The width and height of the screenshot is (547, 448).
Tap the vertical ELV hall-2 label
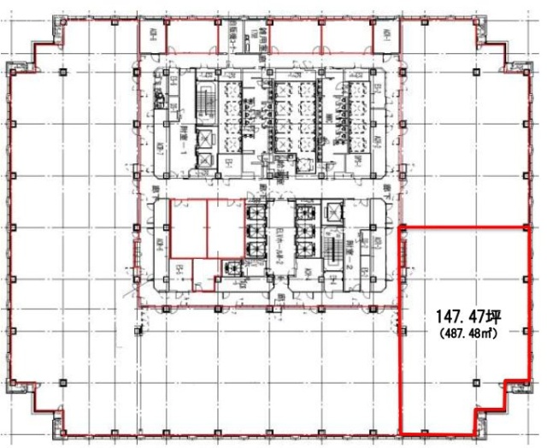pyautogui.click(x=279, y=243)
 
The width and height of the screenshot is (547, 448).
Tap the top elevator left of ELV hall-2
pyautogui.click(x=255, y=215)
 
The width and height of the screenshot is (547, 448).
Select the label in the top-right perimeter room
pyautogui.click(x=385, y=36)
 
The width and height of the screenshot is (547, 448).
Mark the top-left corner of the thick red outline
pyautogui.click(x=402, y=227)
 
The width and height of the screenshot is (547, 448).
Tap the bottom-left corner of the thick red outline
pyautogui.click(x=402, y=432)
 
